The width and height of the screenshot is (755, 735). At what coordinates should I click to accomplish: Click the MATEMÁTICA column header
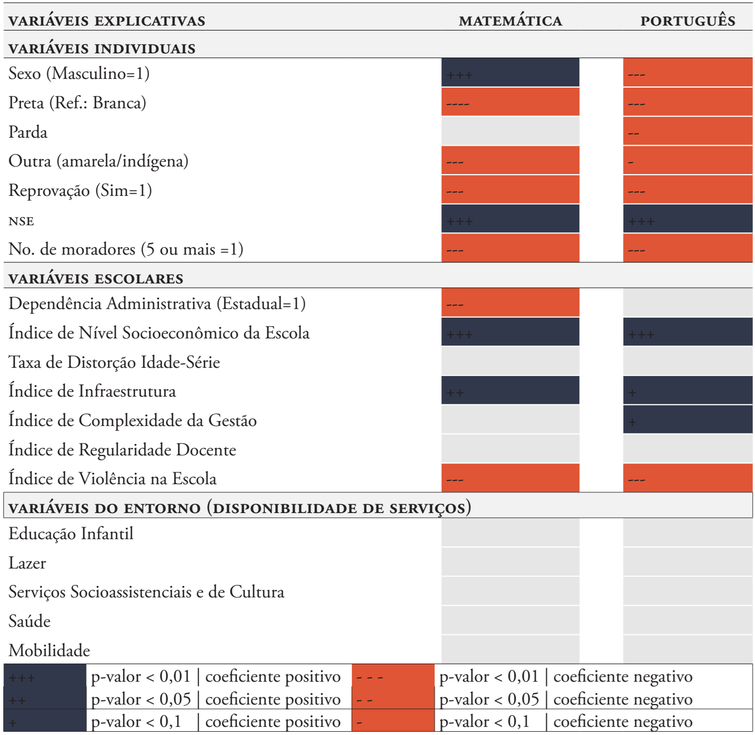(x=510, y=21)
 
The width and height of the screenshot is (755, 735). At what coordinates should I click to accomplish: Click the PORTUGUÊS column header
(x=688, y=21)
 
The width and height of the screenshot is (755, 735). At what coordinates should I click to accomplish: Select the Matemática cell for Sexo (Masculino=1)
(x=510, y=73)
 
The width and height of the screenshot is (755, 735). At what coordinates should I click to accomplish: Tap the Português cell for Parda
(x=688, y=132)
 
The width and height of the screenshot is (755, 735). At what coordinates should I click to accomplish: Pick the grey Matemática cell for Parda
(x=510, y=132)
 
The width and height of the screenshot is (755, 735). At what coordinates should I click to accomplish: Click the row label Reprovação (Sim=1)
(x=81, y=190)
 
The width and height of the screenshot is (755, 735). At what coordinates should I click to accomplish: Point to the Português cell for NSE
(x=688, y=220)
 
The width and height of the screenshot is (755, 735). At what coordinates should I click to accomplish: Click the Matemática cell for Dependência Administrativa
(x=510, y=303)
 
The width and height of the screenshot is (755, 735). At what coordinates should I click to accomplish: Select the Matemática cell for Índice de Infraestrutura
(x=510, y=391)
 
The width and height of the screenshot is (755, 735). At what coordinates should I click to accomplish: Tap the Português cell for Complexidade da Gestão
(x=688, y=420)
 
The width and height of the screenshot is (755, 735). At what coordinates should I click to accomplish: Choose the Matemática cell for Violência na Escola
(x=510, y=478)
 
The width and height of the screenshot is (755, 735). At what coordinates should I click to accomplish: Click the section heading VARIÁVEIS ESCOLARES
(x=96, y=279)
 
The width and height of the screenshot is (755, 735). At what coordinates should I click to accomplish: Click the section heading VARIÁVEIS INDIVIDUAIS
(x=102, y=48)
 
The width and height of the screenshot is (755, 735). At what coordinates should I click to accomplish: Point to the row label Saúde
(x=30, y=621)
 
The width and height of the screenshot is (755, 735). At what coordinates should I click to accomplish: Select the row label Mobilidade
(x=49, y=651)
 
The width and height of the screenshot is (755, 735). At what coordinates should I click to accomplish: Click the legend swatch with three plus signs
(x=45, y=677)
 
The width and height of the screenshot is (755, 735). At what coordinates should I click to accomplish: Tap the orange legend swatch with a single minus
(x=393, y=722)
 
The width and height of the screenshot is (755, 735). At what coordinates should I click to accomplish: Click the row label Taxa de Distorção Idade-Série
(x=114, y=362)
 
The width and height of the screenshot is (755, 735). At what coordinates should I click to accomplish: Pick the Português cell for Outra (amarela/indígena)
(x=688, y=161)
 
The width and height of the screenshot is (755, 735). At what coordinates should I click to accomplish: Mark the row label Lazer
(x=28, y=563)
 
